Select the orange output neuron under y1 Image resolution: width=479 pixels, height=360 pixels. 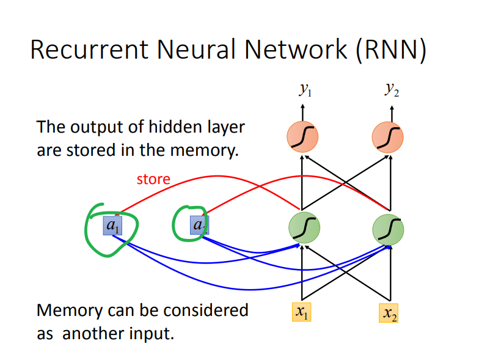tap(302, 138)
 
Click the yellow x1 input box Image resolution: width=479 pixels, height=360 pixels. tap(302, 311)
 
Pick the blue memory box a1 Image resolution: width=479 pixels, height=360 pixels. tap(112, 226)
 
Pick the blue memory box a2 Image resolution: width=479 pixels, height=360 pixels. tap(199, 226)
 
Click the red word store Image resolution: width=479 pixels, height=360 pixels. tap(153, 179)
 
